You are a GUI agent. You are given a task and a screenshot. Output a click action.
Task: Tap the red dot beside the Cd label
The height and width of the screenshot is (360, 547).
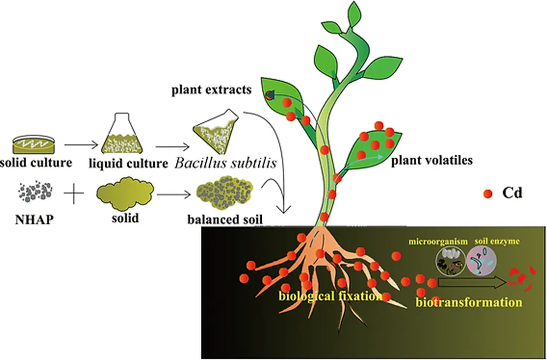tap(487, 193)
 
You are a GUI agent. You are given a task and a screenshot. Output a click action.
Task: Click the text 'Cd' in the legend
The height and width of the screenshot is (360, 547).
tap(512, 193)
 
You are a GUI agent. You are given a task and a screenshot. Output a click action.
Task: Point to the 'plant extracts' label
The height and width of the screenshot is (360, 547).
tap(211, 90)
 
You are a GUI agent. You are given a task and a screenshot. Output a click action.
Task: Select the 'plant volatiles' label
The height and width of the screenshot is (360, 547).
tap(432, 160)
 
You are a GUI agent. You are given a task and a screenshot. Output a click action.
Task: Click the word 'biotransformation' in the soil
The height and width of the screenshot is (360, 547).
tap(468, 302)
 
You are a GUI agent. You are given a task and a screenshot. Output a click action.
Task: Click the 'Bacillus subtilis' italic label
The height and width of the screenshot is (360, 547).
tap(225, 163)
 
